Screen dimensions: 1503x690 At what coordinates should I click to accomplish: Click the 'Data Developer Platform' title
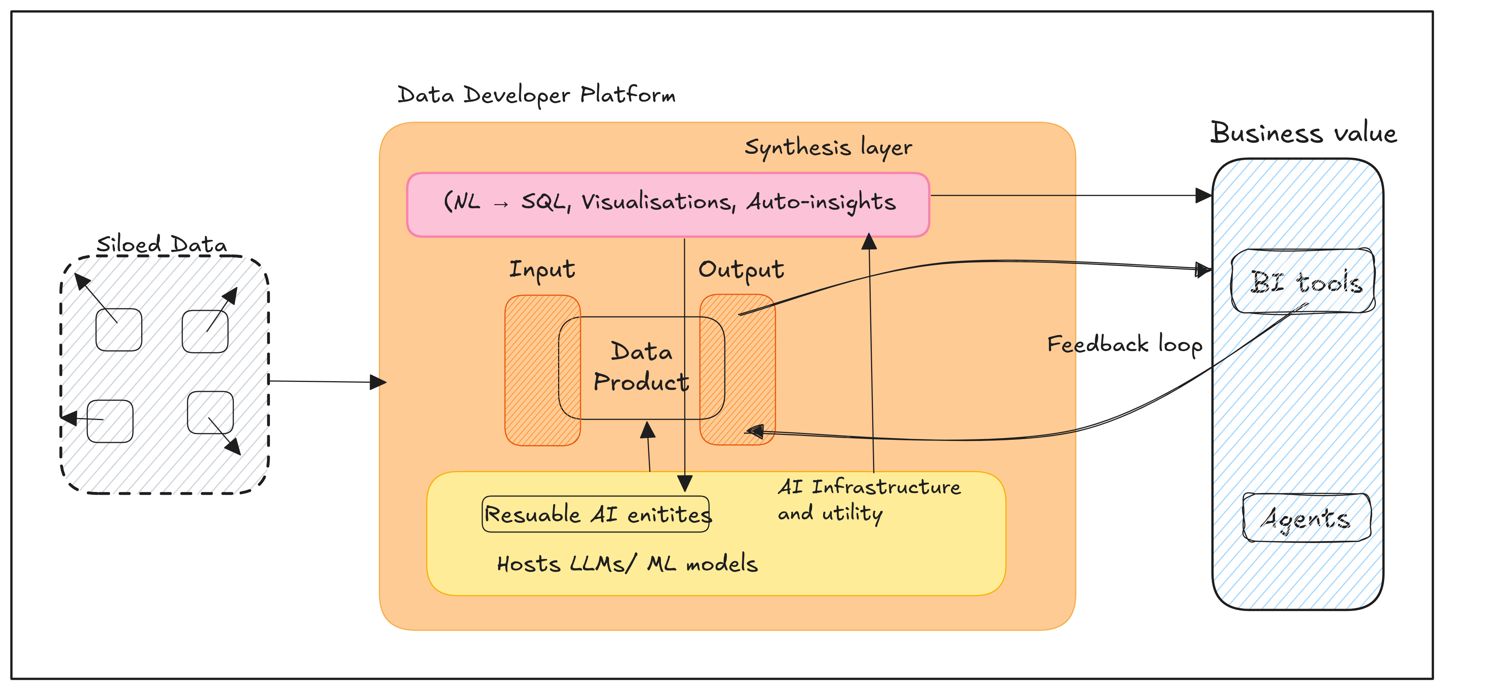click(536, 94)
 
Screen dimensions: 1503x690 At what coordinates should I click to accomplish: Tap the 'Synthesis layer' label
click(828, 147)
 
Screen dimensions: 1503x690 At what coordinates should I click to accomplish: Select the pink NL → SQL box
click(668, 204)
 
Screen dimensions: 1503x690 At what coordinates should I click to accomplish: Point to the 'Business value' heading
click(1304, 133)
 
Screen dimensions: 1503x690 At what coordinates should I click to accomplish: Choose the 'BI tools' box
click(1303, 281)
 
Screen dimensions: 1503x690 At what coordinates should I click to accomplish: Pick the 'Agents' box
click(1307, 517)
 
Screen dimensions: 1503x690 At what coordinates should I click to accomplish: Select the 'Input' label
click(542, 270)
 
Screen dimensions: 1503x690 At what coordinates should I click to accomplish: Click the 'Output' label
click(741, 270)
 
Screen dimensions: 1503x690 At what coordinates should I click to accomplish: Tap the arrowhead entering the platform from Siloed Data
click(378, 382)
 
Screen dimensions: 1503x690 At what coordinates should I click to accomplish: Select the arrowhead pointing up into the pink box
click(870, 241)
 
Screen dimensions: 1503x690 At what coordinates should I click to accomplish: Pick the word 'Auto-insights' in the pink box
click(822, 202)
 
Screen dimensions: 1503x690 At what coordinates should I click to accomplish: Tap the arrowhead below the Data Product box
click(648, 430)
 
